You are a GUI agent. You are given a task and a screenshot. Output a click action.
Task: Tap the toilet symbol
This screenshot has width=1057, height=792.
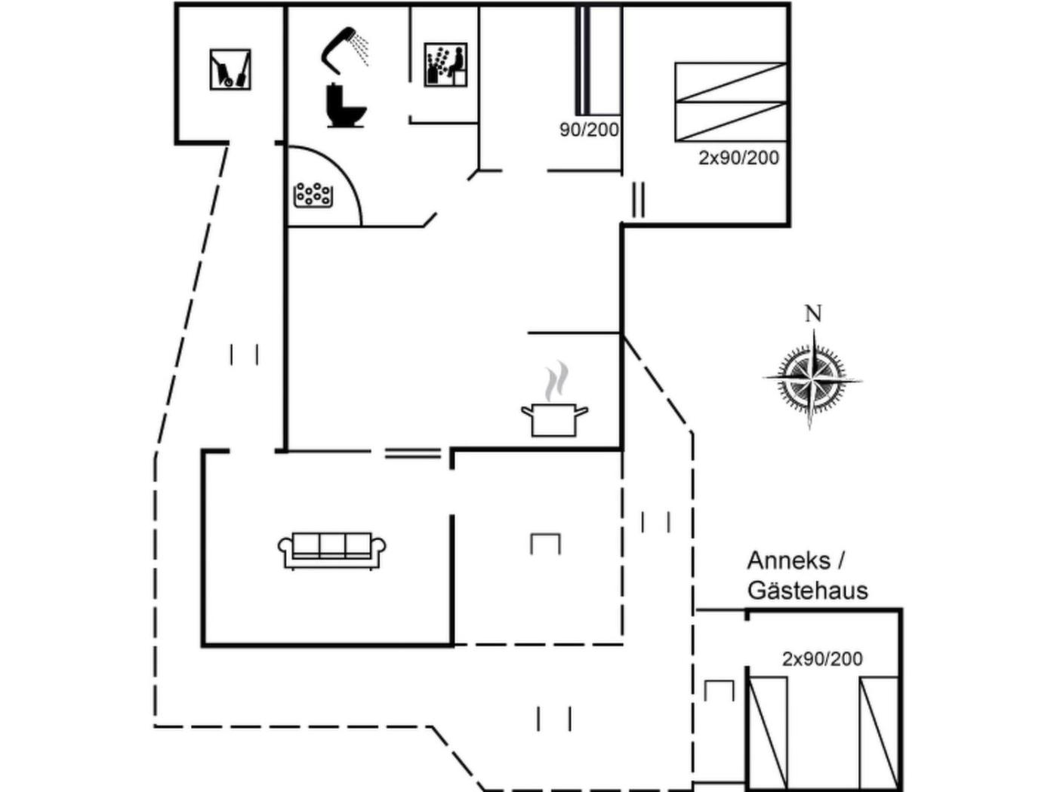[x=346, y=106]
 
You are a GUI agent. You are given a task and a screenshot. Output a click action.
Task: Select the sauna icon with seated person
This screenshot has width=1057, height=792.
[x=445, y=65]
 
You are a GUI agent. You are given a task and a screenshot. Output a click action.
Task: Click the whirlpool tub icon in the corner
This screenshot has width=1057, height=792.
[x=313, y=195]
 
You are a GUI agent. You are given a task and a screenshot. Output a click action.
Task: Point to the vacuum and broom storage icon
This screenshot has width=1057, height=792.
[x=230, y=70]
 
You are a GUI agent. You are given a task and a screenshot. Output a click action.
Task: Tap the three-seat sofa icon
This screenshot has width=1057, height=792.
[x=332, y=550]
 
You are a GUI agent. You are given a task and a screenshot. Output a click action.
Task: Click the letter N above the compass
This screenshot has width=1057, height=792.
[x=813, y=314]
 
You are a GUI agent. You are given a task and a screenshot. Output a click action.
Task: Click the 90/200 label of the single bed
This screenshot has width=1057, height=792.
[x=589, y=130]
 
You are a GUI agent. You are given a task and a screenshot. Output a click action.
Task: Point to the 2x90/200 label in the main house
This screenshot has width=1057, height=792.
[x=738, y=158]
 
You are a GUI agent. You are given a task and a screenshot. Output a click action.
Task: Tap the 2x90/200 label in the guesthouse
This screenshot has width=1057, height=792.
[x=822, y=658]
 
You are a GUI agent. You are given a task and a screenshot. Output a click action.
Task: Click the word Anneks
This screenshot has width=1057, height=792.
[x=788, y=561]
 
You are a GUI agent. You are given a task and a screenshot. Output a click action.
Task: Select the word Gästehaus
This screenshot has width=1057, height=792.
[x=807, y=590]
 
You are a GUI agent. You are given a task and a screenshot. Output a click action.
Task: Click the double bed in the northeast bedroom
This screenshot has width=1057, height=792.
[x=730, y=102]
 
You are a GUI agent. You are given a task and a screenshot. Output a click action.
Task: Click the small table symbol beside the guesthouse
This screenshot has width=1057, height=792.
[x=718, y=689]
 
